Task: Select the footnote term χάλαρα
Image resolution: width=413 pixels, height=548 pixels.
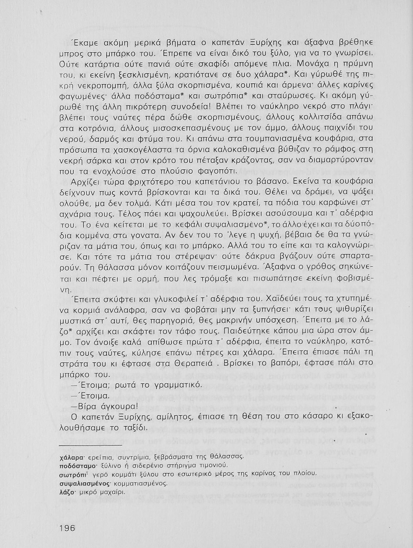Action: click(69, 457)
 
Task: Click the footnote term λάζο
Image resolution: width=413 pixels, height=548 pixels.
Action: click(67, 492)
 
